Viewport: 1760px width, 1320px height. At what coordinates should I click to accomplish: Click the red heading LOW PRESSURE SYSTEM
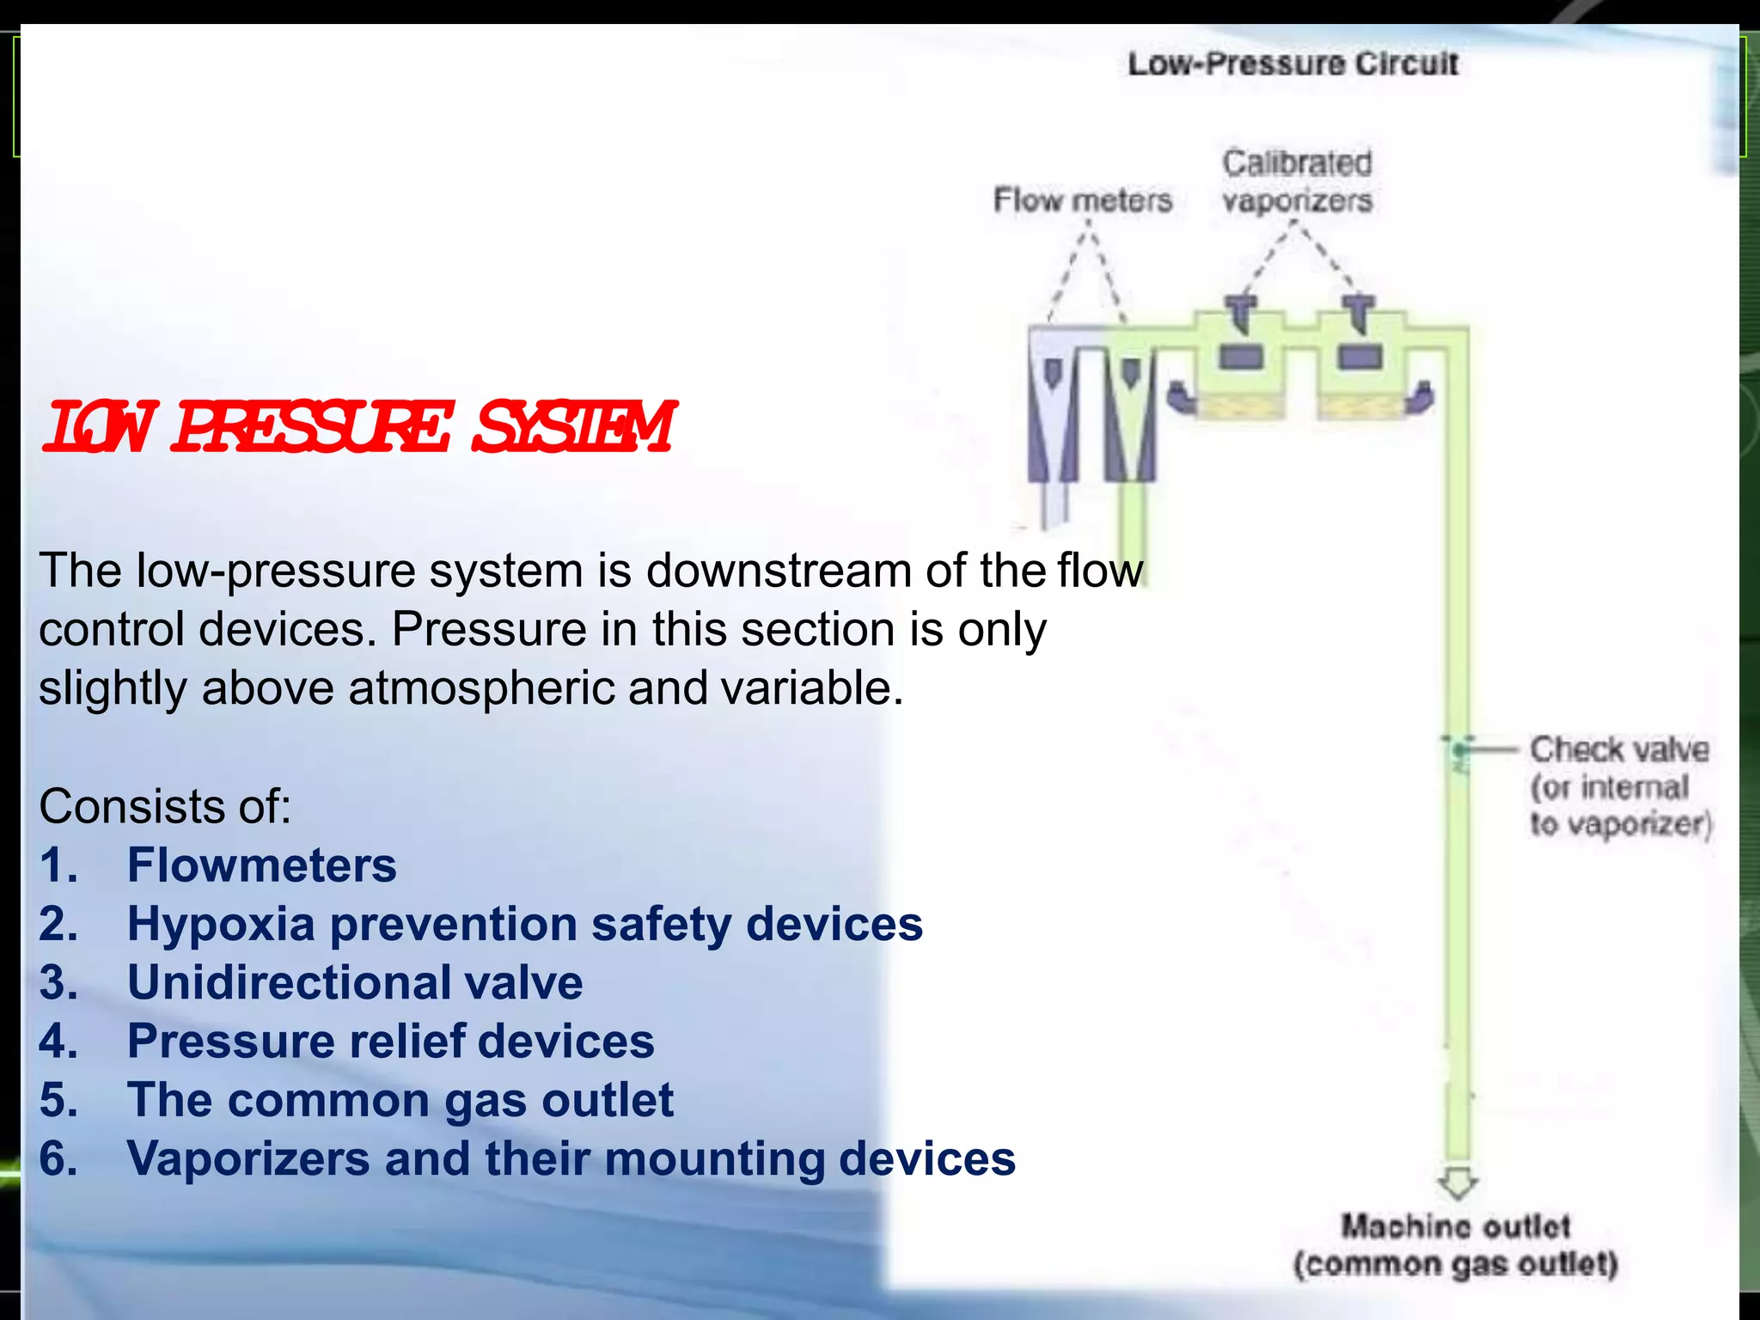(x=359, y=427)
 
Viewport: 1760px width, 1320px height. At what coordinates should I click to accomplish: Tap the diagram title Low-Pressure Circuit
(x=1292, y=64)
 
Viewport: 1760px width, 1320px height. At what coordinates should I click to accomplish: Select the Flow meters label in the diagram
(x=1082, y=200)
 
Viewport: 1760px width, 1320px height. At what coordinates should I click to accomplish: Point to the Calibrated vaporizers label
(x=1297, y=181)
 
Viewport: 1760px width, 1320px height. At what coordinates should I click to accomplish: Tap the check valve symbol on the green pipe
(x=1459, y=750)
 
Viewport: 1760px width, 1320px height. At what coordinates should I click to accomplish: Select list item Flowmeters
(x=261, y=865)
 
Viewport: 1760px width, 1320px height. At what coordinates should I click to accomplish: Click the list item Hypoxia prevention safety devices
(x=524, y=924)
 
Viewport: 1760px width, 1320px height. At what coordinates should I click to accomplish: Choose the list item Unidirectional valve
(x=355, y=982)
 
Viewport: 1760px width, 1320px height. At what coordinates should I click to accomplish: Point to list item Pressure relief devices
(x=390, y=1041)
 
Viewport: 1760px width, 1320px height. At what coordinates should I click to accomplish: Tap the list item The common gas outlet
(x=400, y=1100)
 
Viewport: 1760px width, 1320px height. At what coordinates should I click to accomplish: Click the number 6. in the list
(x=58, y=1158)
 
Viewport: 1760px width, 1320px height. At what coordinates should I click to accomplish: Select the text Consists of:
(x=165, y=806)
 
